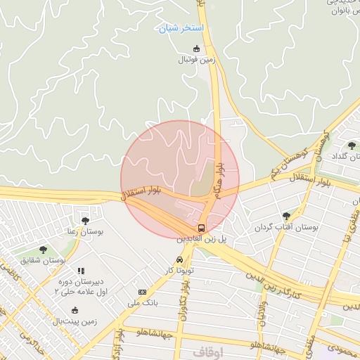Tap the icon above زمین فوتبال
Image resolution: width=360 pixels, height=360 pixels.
196,49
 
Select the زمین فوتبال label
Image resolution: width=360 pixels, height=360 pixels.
196,60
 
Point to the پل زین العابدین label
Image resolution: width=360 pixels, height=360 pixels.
202,240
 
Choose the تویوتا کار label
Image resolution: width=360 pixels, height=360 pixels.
179,271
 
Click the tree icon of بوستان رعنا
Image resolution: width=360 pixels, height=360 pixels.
85,221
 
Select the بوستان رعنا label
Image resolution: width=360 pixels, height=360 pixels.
85,231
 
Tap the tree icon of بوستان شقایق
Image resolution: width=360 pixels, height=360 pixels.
43,250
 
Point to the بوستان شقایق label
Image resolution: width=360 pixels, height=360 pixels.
44,261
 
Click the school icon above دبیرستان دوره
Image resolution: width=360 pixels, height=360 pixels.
81,271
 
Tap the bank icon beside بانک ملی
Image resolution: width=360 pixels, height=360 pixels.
143,292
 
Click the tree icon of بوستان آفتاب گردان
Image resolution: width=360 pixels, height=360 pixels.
285,216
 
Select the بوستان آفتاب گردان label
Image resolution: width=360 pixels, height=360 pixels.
285,228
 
